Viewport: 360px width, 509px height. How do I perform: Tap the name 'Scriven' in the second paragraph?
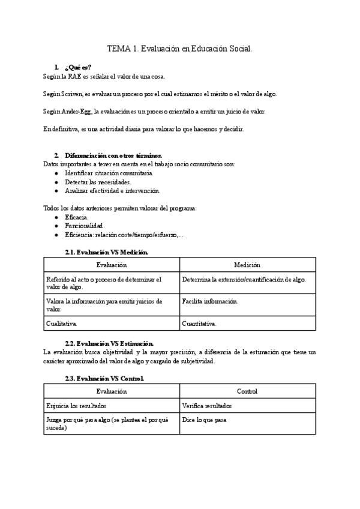pos(71,94)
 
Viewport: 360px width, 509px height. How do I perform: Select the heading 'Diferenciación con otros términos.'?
pos(113,155)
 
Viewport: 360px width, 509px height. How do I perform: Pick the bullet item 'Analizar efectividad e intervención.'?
pos(112,190)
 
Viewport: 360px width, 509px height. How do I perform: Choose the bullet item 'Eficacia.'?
pos(77,217)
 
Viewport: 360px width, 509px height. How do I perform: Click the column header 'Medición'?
pos(247,265)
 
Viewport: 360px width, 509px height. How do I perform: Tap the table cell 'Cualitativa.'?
pos(62,324)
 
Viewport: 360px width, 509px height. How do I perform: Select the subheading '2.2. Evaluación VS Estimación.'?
pos(109,342)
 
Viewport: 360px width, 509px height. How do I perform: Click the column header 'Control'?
pos(247,391)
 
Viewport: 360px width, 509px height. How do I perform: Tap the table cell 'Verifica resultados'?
pos(207,406)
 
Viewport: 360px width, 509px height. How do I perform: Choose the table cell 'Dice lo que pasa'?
pos(204,420)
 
